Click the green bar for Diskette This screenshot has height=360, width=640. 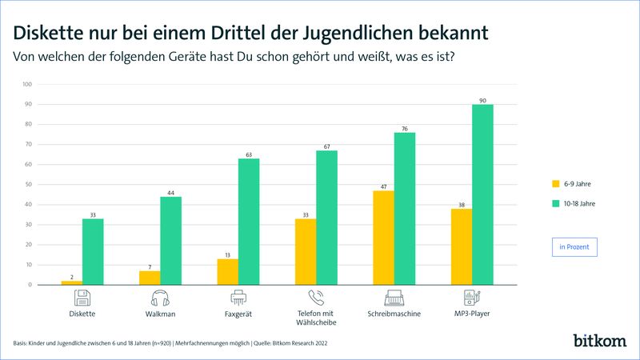click(93, 251)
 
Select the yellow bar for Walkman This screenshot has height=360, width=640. click(150, 278)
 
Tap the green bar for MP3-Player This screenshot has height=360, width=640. click(482, 194)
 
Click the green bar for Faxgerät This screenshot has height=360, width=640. click(249, 222)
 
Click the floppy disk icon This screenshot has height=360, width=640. click(83, 298)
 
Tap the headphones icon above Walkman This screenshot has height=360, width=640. click(161, 298)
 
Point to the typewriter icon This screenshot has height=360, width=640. click(394, 298)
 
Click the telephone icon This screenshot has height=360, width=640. click(316, 298)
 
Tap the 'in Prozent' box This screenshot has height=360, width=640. click(574, 247)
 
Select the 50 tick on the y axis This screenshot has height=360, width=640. click(28, 185)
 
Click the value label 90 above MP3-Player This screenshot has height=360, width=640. click(482, 100)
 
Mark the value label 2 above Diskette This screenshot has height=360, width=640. click(71, 276)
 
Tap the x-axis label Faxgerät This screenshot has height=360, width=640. click(238, 314)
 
